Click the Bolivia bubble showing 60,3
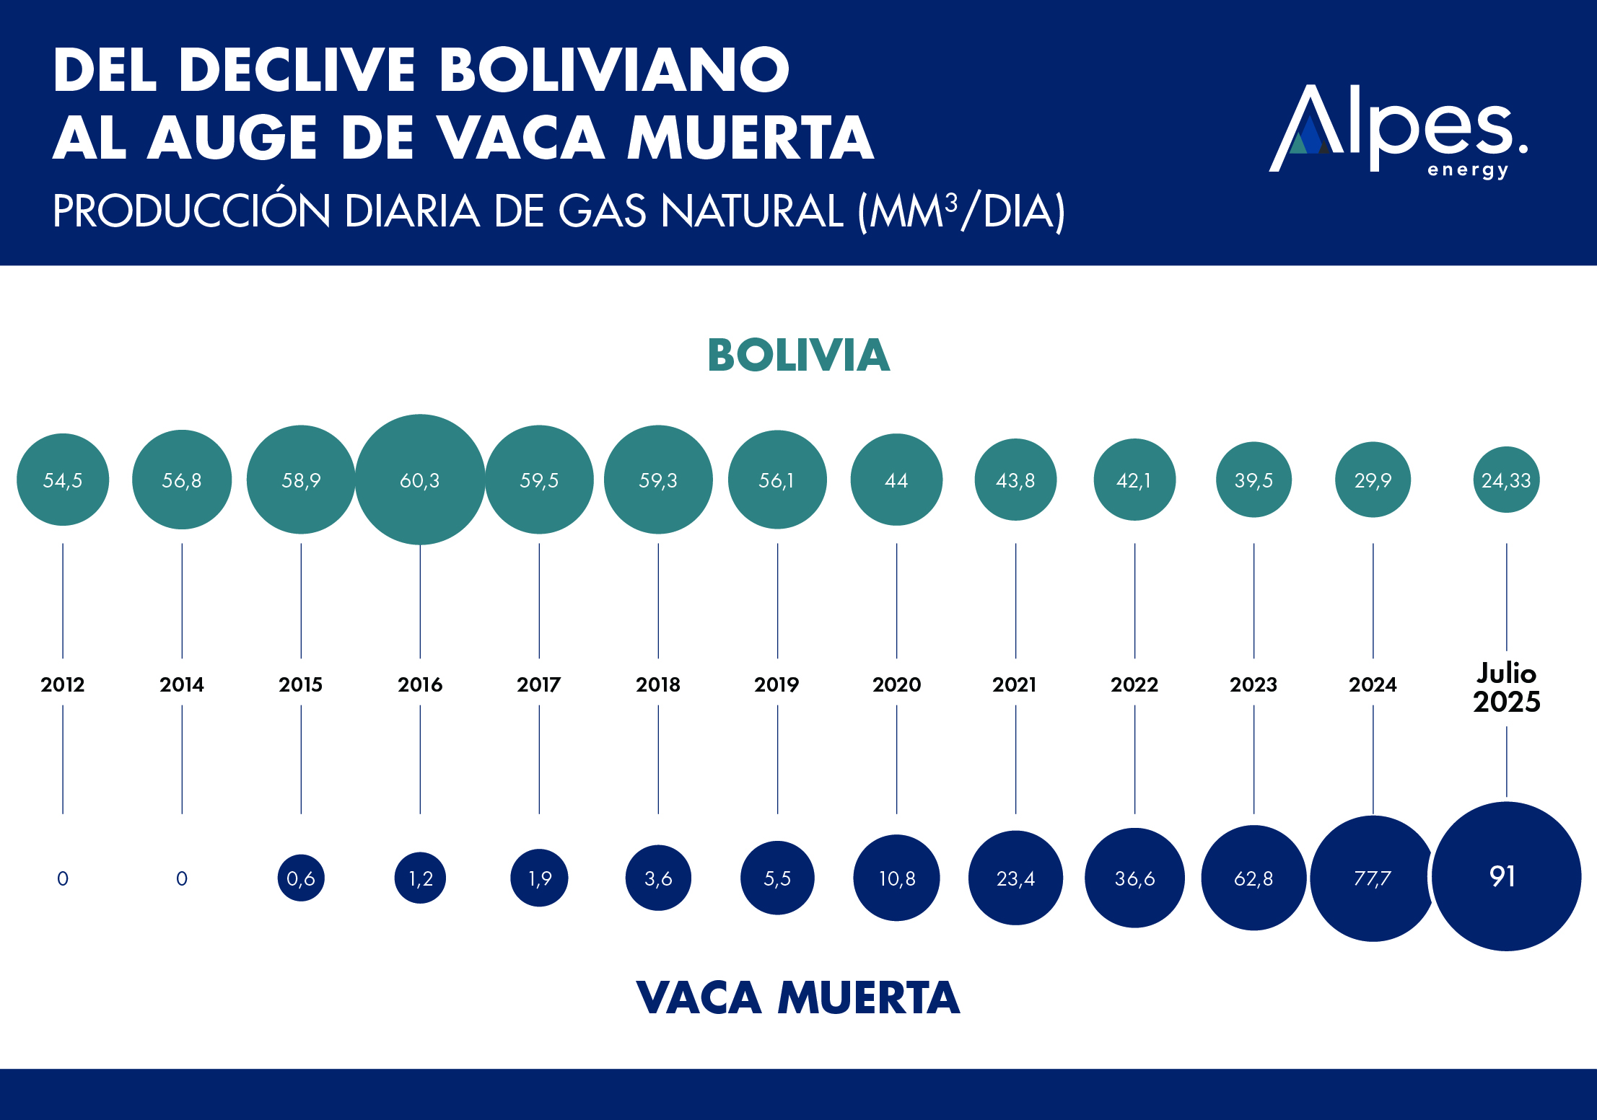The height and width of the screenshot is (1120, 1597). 420,480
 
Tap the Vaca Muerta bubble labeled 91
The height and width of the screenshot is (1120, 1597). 1505,876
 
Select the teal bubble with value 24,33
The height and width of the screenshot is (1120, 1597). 1506,480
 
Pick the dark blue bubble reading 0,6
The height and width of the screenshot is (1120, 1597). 301,878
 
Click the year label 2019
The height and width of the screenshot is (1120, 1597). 776,684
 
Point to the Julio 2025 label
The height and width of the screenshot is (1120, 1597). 1506,688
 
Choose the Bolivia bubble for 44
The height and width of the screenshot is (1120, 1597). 896,480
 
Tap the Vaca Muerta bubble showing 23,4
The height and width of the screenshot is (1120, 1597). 1015,878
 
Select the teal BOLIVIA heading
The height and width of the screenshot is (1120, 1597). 798,355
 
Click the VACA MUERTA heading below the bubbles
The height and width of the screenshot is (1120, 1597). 798,997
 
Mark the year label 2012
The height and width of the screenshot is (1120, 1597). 63,684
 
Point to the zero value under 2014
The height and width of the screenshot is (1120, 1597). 182,878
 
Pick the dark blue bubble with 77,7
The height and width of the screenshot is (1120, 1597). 1372,878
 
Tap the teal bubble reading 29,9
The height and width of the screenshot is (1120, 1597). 1373,480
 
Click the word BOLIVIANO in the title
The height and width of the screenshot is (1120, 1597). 614,70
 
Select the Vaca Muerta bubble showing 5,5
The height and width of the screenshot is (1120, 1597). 777,878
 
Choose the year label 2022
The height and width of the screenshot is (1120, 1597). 1134,684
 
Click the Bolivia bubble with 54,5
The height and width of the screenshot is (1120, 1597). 63,480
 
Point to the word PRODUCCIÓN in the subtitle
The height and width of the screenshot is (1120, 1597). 191,211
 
